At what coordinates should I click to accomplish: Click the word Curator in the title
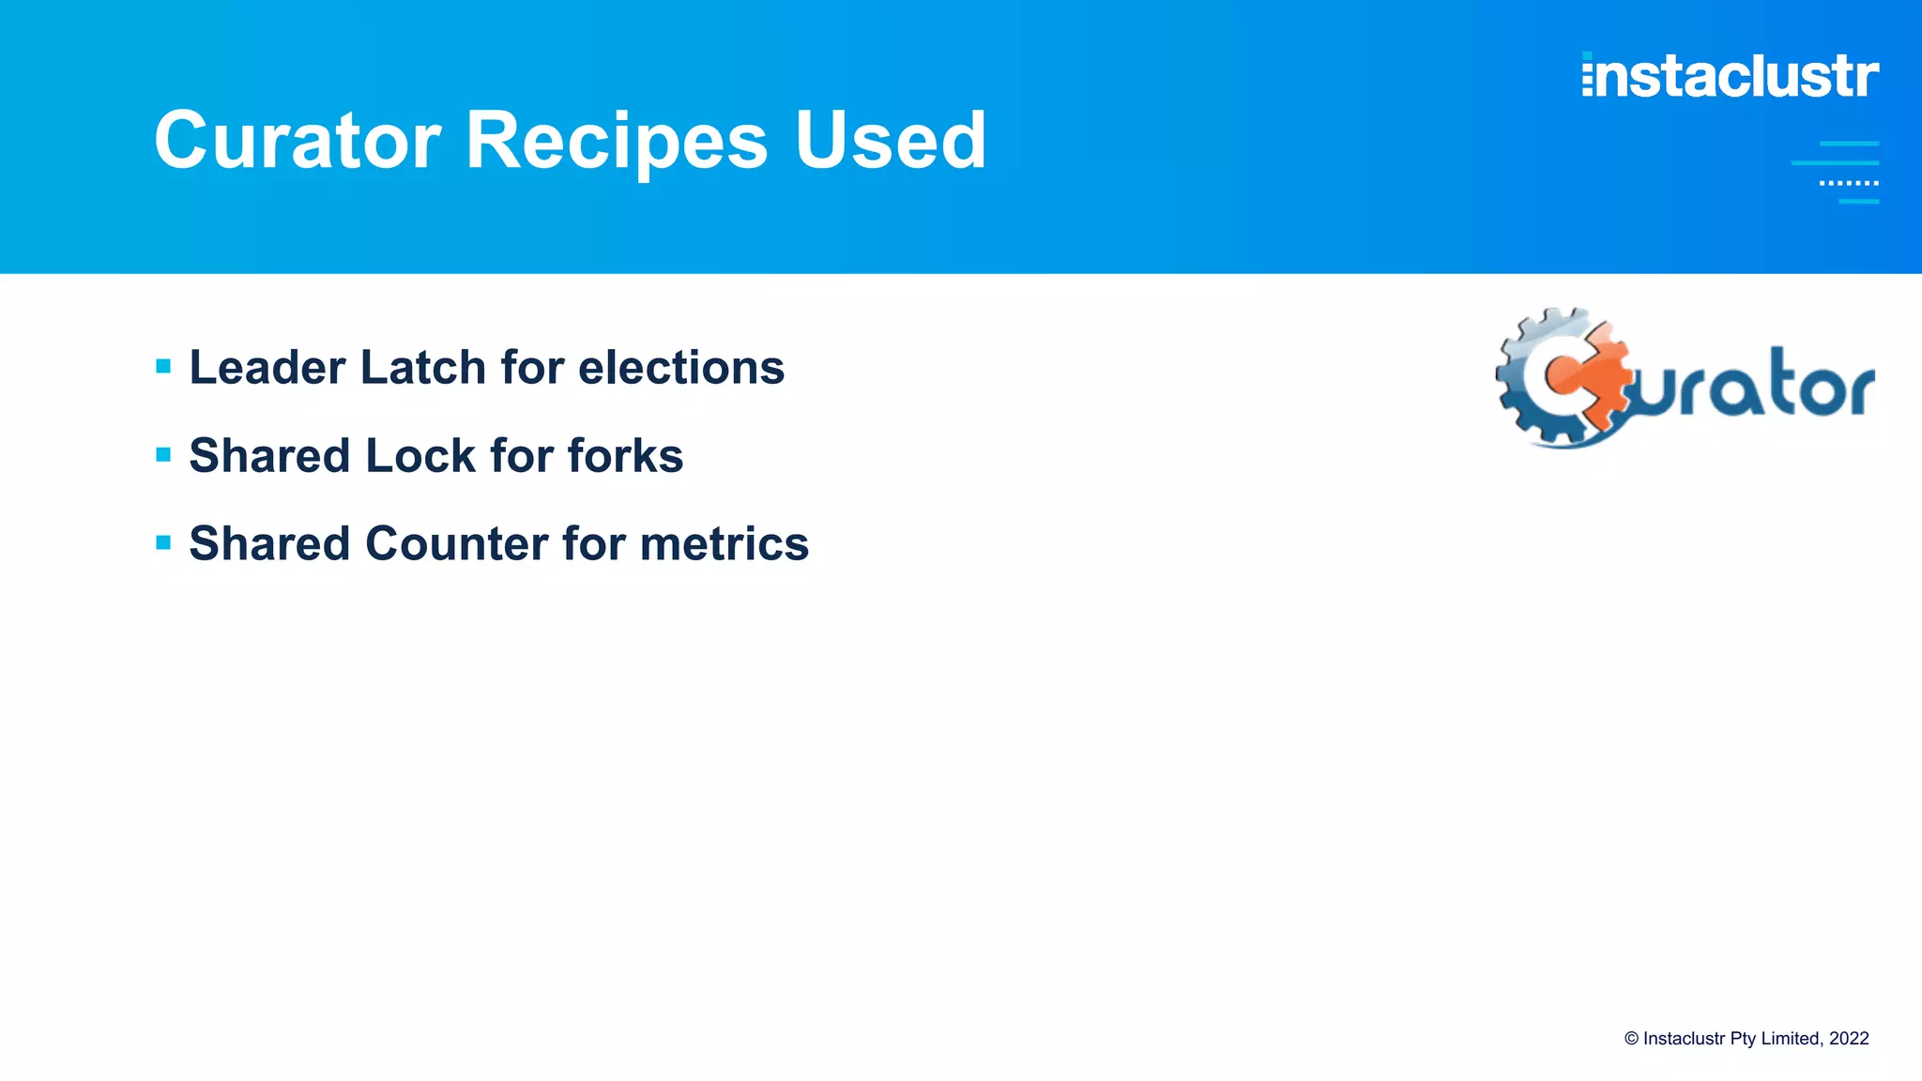[297, 141]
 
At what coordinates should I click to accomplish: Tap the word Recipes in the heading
[617, 141]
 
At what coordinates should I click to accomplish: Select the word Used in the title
[890, 141]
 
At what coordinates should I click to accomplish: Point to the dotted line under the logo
[1849, 183]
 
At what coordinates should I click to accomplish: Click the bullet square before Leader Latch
[163, 366]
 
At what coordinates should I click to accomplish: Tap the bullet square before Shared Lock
[163, 455]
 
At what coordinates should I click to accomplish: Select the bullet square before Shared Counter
[163, 542]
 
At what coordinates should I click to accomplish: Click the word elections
[681, 367]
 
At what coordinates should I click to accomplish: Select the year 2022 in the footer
[1849, 1039]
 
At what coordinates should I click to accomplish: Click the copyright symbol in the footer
[1632, 1039]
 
